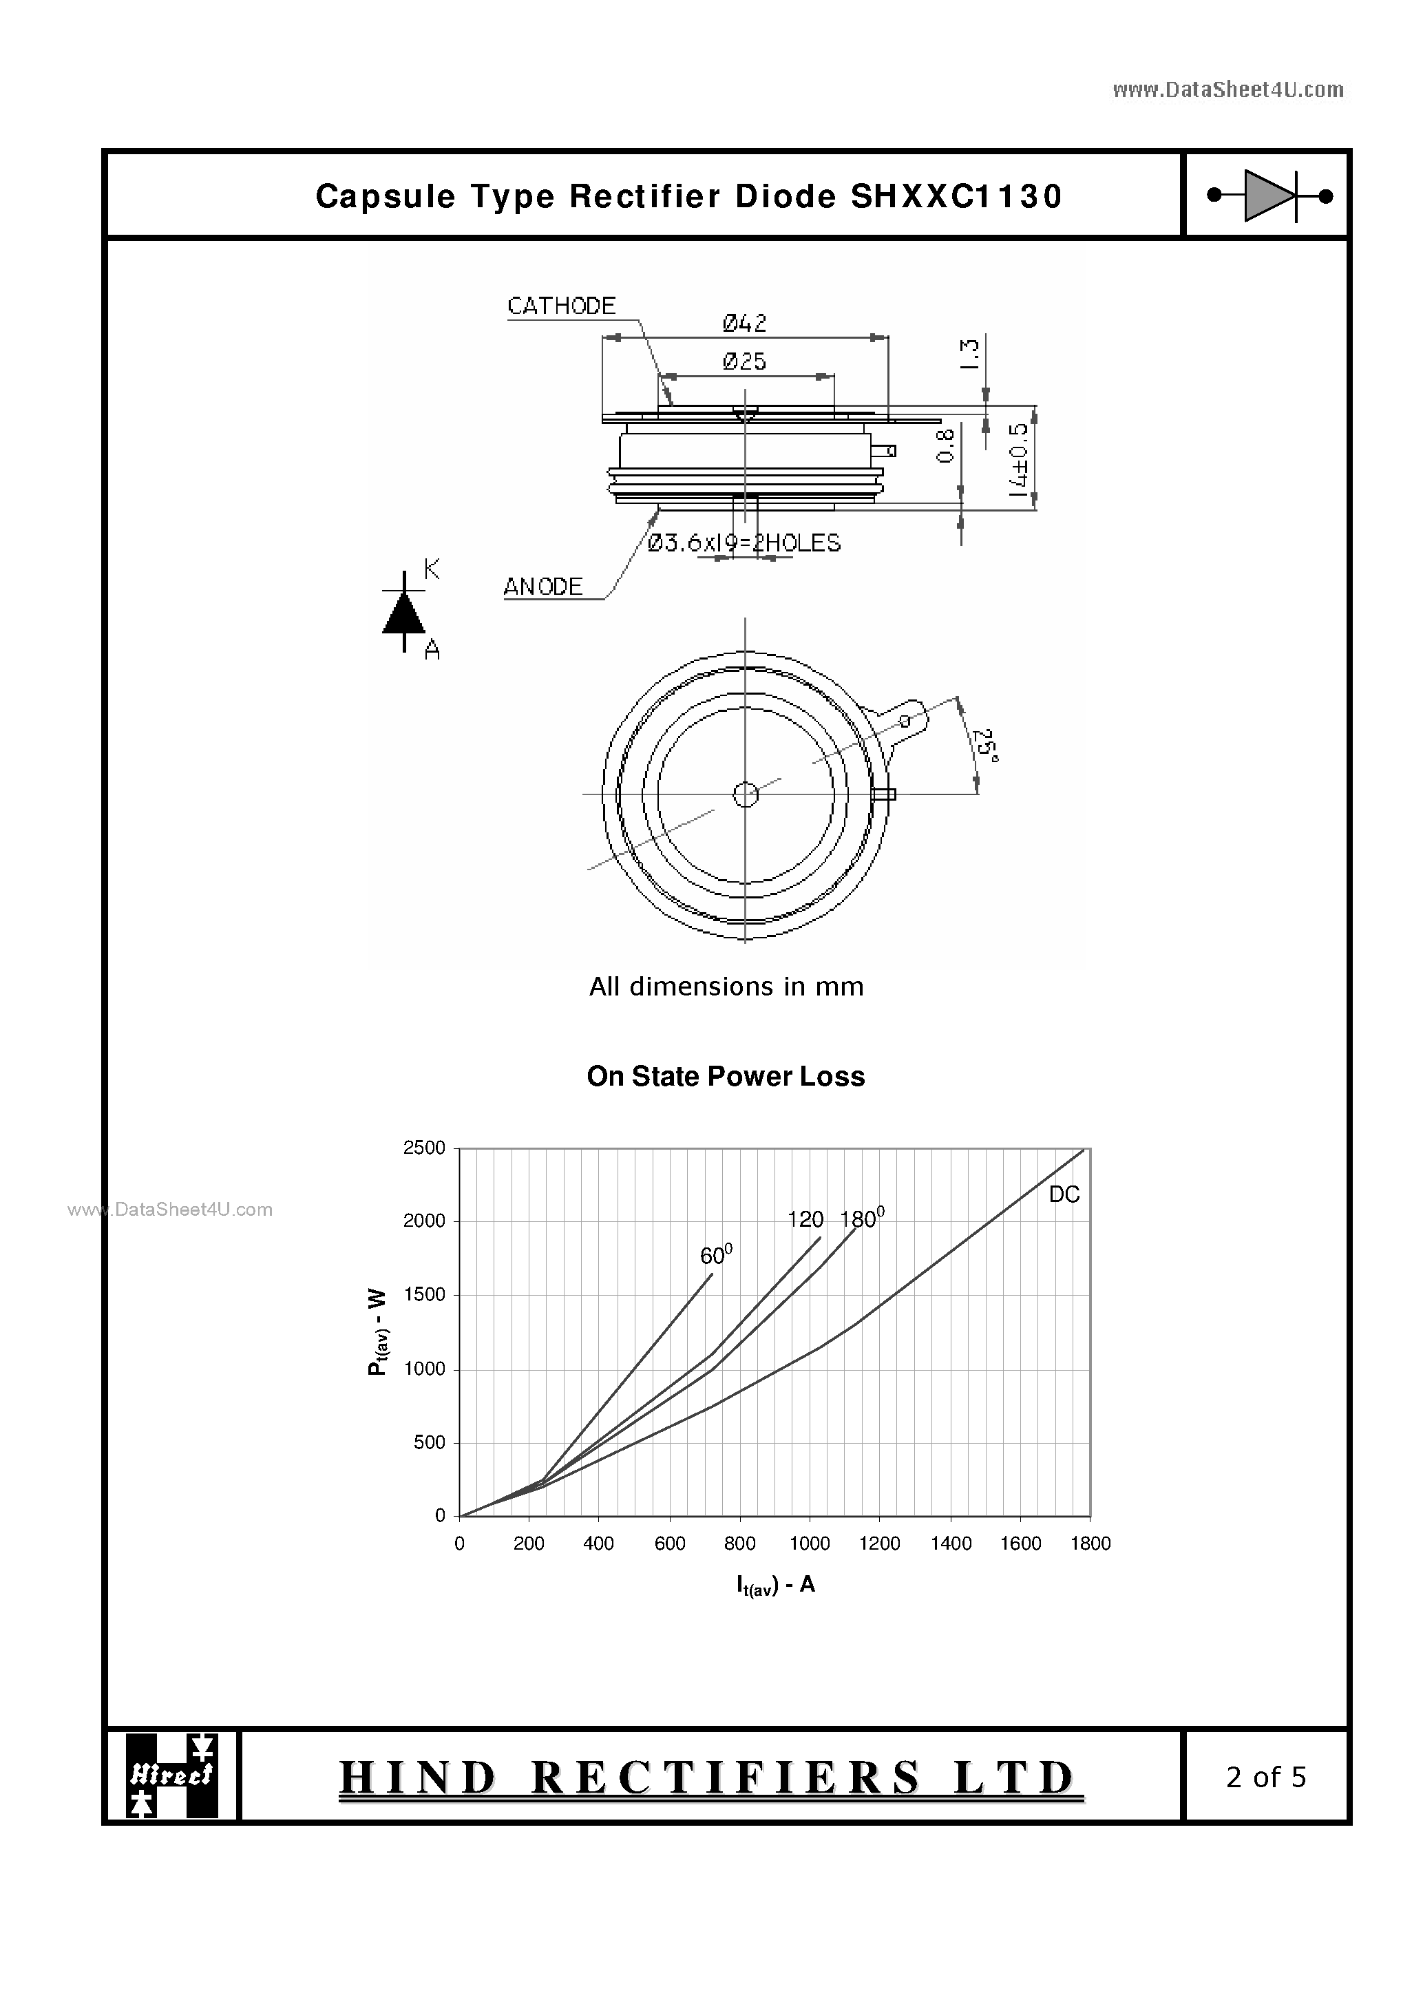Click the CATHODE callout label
coord(561,306)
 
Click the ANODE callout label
coord(542,587)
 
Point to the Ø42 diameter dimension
coord(744,324)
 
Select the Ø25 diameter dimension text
coord(744,361)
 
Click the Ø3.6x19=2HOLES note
coord(744,544)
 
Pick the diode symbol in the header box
coord(1269,196)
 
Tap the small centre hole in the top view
coord(746,794)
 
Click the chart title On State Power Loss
coord(725,1077)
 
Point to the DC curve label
coord(1064,1194)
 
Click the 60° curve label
coord(715,1254)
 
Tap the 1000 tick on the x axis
coord(810,1543)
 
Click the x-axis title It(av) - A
coord(775,1584)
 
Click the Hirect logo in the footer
coord(172,1775)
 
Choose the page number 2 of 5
coord(1265,1776)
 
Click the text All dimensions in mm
coord(726,987)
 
